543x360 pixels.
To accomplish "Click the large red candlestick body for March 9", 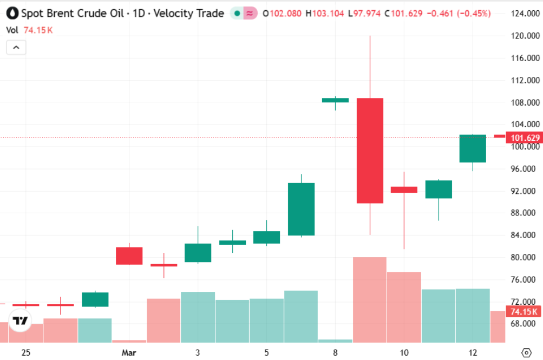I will [x=370, y=150].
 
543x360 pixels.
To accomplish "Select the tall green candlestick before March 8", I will [x=301, y=209].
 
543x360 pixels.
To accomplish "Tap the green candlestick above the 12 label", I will [x=473, y=148].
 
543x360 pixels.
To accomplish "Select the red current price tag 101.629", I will [x=523, y=138].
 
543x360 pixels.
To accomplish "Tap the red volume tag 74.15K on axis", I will [x=523, y=311].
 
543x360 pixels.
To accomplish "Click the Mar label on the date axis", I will [x=129, y=352].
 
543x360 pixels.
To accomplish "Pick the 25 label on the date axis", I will [x=26, y=352].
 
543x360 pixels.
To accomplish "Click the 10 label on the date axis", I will [x=404, y=352].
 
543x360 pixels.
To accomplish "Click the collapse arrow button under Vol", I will [x=16, y=48].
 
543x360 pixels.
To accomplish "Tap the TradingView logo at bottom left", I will [x=21, y=321].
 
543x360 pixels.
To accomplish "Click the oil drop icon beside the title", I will [x=11, y=13].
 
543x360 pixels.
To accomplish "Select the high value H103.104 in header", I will [x=324, y=14].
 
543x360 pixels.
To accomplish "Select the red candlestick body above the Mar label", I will [x=129, y=256].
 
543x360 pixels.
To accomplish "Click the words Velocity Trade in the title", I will [x=188, y=14].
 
